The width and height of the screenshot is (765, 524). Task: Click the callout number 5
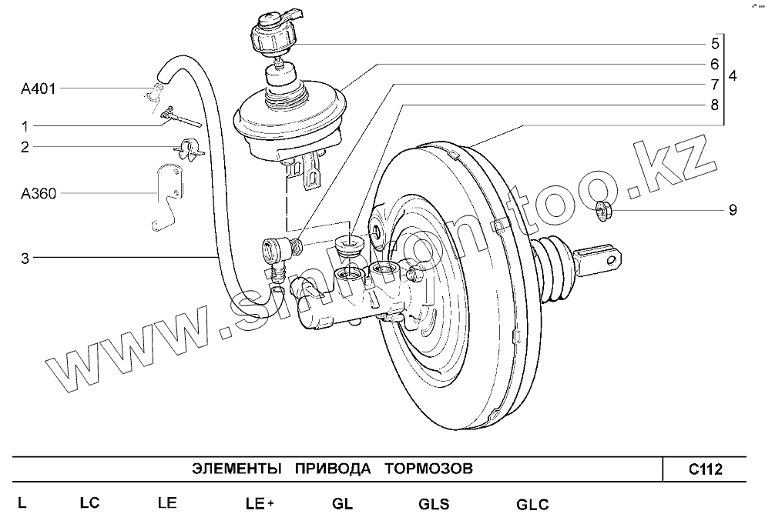[714, 43]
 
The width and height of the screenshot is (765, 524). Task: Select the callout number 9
[732, 209]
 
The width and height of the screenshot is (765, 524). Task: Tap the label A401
[37, 89]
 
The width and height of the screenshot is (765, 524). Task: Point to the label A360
[38, 194]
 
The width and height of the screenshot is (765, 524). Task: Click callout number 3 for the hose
[25, 259]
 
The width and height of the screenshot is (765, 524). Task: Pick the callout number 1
[25, 126]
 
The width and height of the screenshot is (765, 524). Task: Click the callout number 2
[25, 147]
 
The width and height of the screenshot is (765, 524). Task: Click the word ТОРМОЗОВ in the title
[428, 469]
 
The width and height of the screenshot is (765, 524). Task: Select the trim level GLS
[434, 505]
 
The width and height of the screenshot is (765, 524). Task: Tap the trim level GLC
[532, 505]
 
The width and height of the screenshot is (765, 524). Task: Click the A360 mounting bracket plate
[166, 196]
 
